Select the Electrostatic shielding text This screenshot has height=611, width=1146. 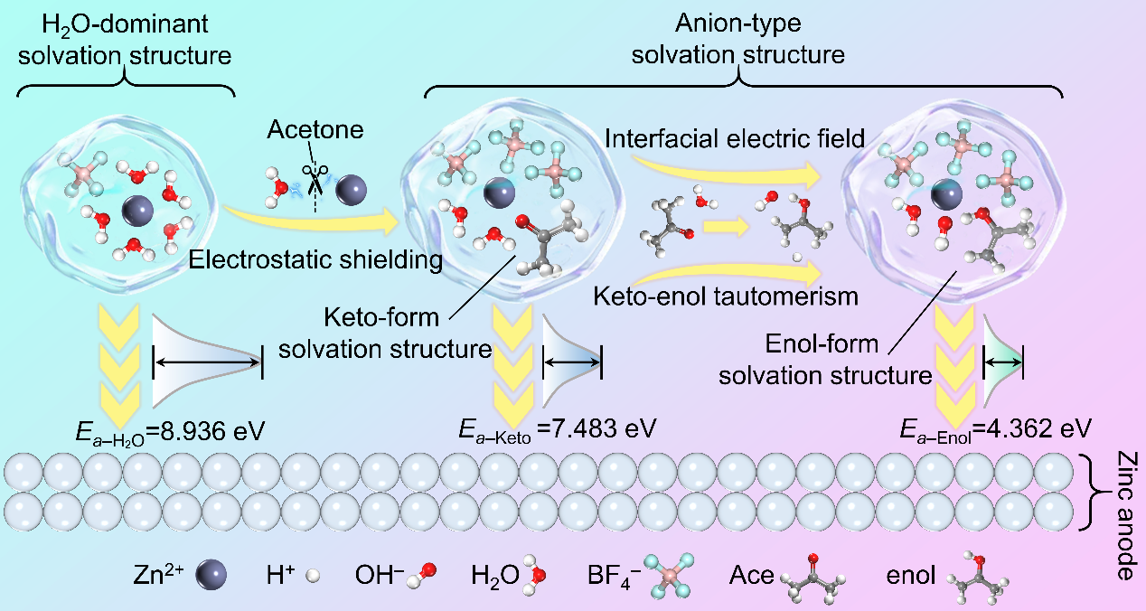pos(316,261)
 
